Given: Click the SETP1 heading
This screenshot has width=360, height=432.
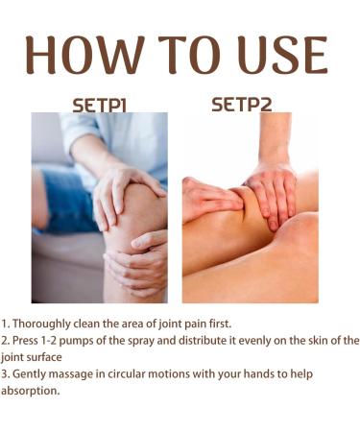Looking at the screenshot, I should pyautogui.click(x=100, y=105).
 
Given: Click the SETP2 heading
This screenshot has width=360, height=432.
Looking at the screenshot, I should pyautogui.click(x=241, y=104).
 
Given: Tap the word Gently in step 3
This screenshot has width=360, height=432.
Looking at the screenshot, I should pyautogui.click(x=30, y=373).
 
